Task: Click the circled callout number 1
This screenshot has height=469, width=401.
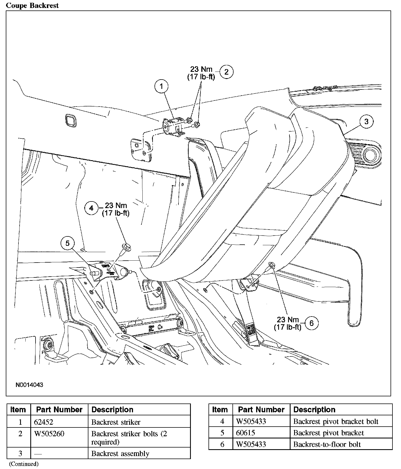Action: click(161, 86)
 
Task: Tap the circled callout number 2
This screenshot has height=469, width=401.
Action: click(226, 72)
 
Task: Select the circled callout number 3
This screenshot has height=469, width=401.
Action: click(366, 121)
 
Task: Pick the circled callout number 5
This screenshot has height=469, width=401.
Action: click(68, 243)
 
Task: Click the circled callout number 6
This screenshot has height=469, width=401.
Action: click(311, 323)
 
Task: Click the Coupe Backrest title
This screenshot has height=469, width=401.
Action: click(32, 6)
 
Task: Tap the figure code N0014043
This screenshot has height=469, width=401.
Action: click(29, 385)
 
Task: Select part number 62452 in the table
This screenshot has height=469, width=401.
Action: click(43, 422)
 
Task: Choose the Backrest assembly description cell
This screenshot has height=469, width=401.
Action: click(120, 454)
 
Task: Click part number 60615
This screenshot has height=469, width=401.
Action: click(245, 433)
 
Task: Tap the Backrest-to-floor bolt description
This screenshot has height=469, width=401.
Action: click(327, 444)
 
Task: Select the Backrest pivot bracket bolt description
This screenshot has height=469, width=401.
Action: click(336, 421)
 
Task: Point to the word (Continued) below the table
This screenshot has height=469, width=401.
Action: click(24, 464)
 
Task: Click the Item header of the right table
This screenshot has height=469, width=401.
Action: click(220, 410)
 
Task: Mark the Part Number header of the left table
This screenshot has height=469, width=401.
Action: click(59, 410)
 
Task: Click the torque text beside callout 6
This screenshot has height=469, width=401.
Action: click(288, 323)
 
